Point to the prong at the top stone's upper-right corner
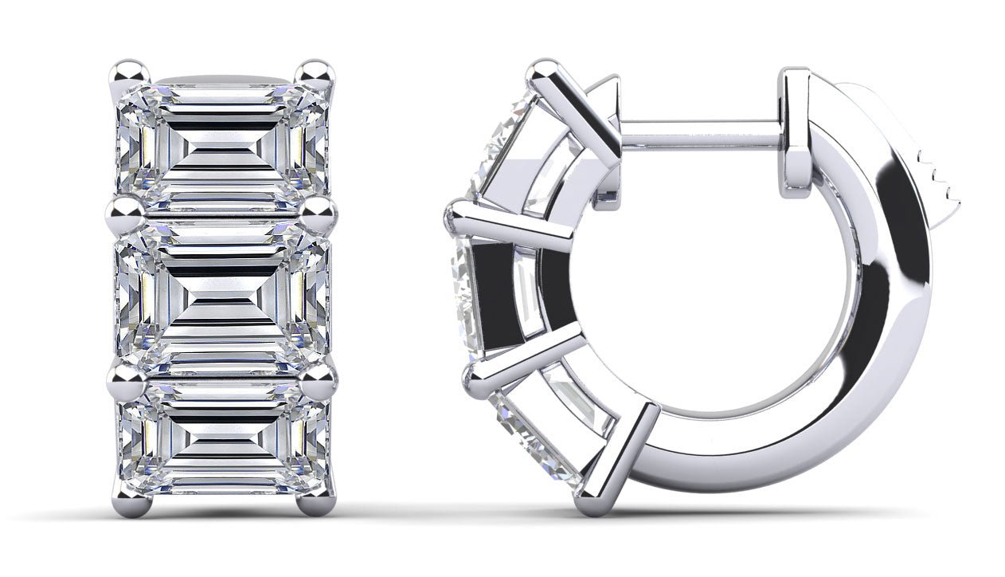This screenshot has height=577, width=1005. (x=317, y=73)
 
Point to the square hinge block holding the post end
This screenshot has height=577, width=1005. (x=796, y=128)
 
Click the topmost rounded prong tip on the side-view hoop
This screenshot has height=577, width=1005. (x=546, y=69)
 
